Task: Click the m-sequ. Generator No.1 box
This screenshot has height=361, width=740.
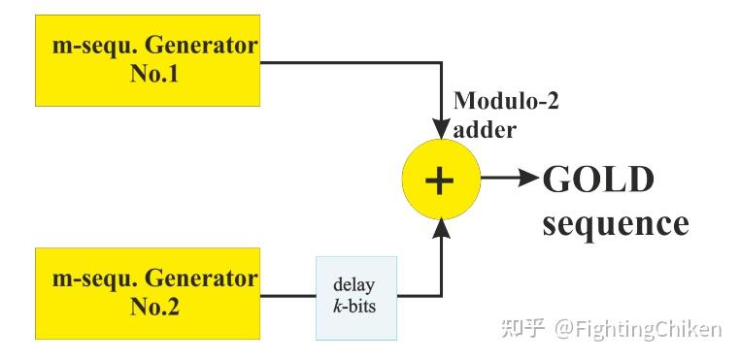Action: point(148,60)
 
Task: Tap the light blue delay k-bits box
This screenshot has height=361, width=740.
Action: point(356,297)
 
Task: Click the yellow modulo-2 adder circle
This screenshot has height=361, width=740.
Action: point(440,180)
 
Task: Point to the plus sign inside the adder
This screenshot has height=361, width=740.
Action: point(440,180)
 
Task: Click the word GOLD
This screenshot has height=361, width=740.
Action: point(598,180)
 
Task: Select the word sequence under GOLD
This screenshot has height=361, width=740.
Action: point(616,224)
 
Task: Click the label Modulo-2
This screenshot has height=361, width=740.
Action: point(506,101)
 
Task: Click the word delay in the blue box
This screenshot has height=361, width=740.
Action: point(355,285)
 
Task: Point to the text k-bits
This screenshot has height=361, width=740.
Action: point(355,308)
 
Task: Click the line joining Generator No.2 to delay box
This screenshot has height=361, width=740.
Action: point(287,295)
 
